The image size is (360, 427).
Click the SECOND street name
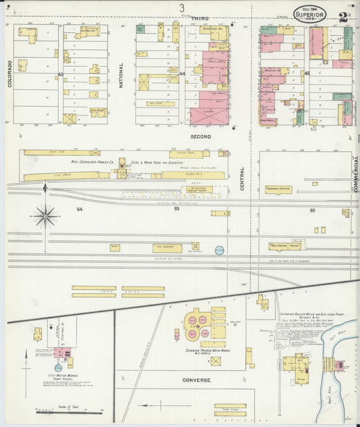(201, 136)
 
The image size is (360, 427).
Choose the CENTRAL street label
(242, 179)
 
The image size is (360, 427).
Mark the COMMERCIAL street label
(356, 174)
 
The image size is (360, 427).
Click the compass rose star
(45, 216)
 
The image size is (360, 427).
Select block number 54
(79, 209)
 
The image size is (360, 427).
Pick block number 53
(176, 209)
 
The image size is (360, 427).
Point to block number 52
(313, 210)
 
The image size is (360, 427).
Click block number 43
(60, 74)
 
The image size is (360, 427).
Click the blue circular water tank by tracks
(219, 250)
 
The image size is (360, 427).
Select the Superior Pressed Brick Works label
(209, 352)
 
